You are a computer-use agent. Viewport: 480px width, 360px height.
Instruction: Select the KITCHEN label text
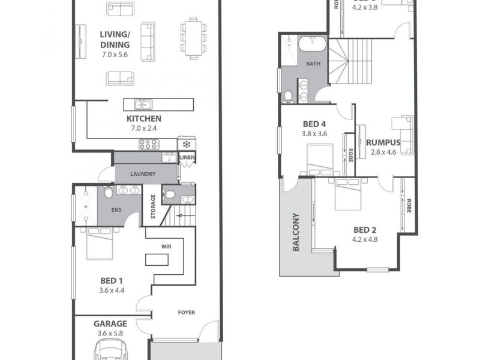tap(143, 119)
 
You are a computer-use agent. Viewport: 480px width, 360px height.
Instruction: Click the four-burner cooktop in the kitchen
tap(148, 144)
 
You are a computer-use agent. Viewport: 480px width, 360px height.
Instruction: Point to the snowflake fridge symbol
tap(186, 144)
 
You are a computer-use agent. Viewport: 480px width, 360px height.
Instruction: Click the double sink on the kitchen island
tap(142, 104)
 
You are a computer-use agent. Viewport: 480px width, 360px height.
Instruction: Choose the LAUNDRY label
tap(143, 174)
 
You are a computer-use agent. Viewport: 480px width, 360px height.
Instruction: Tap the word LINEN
tap(187, 158)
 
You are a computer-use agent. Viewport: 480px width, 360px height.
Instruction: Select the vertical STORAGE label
tap(154, 206)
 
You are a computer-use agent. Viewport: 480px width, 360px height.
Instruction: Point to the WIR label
tap(167, 246)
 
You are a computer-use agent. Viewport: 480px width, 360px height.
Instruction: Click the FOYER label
tap(186, 313)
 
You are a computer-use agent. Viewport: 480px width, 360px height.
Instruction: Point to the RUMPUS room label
tap(383, 143)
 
